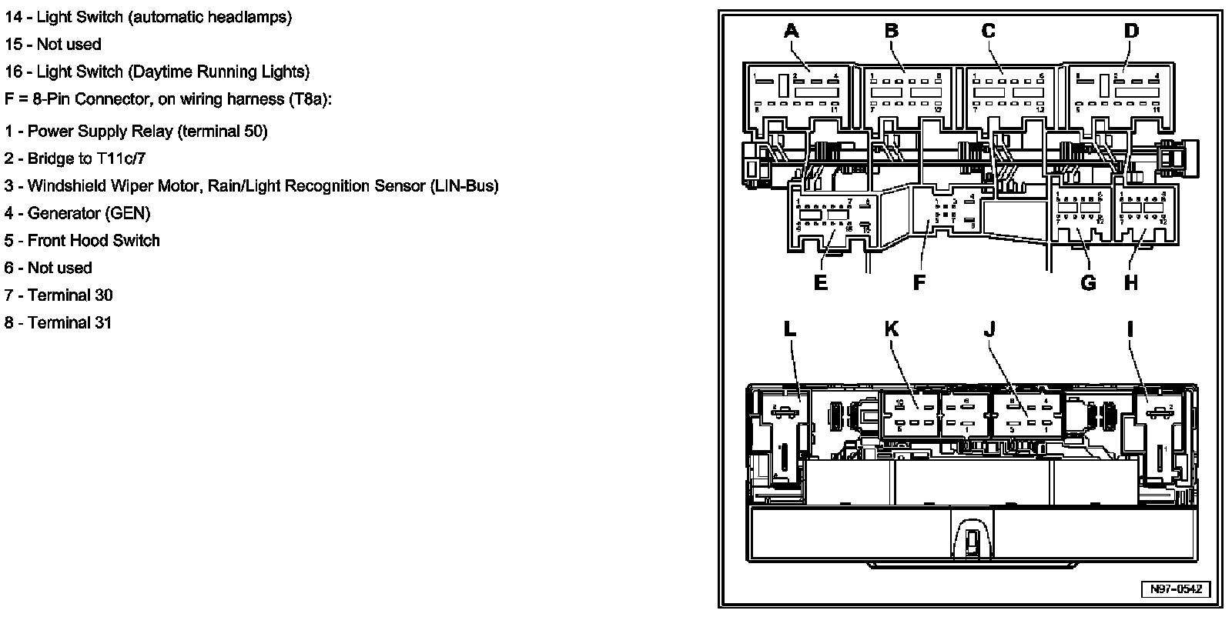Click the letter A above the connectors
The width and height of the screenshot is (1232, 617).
coord(791,32)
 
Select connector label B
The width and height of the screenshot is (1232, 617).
coord(891,32)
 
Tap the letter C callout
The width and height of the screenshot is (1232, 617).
coord(988,32)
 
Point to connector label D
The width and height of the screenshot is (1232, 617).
coord(1130,32)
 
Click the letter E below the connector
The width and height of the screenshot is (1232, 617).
coord(821,283)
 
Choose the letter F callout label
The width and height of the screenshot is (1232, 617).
coord(919,283)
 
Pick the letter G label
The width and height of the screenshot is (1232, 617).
coord(1088,283)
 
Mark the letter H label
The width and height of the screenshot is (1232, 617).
coord(1130,283)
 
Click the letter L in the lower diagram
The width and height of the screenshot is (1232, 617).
coord(790,329)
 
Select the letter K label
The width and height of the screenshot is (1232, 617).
coord(891,329)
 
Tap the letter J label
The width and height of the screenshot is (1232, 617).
coord(989,329)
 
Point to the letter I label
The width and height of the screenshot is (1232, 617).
coord(1130,329)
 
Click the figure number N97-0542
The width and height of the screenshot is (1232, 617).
coord(1175,590)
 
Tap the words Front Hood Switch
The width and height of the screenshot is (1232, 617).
coord(94,240)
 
